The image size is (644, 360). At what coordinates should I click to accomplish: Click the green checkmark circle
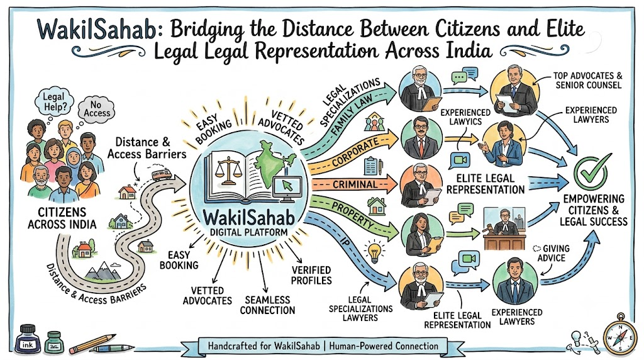coord(590,172)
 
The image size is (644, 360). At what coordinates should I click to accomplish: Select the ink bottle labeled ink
coord(28,339)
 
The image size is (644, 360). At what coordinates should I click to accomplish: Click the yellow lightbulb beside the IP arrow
coord(374,252)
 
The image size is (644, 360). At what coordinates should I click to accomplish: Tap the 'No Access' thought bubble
coord(97,109)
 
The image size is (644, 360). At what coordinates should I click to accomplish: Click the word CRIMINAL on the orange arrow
coord(355,184)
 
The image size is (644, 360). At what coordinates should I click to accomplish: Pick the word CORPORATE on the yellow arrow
coord(355,152)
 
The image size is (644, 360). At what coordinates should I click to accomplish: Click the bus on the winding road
coord(162,174)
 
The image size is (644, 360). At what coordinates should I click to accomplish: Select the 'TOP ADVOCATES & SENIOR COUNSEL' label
coord(588,80)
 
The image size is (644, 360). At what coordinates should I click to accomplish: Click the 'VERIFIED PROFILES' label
coord(311,275)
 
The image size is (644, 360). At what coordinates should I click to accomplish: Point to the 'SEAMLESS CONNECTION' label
coord(267,305)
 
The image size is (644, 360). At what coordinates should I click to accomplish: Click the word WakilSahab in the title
coord(97,29)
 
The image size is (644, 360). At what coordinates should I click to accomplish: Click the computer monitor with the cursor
coord(287,189)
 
